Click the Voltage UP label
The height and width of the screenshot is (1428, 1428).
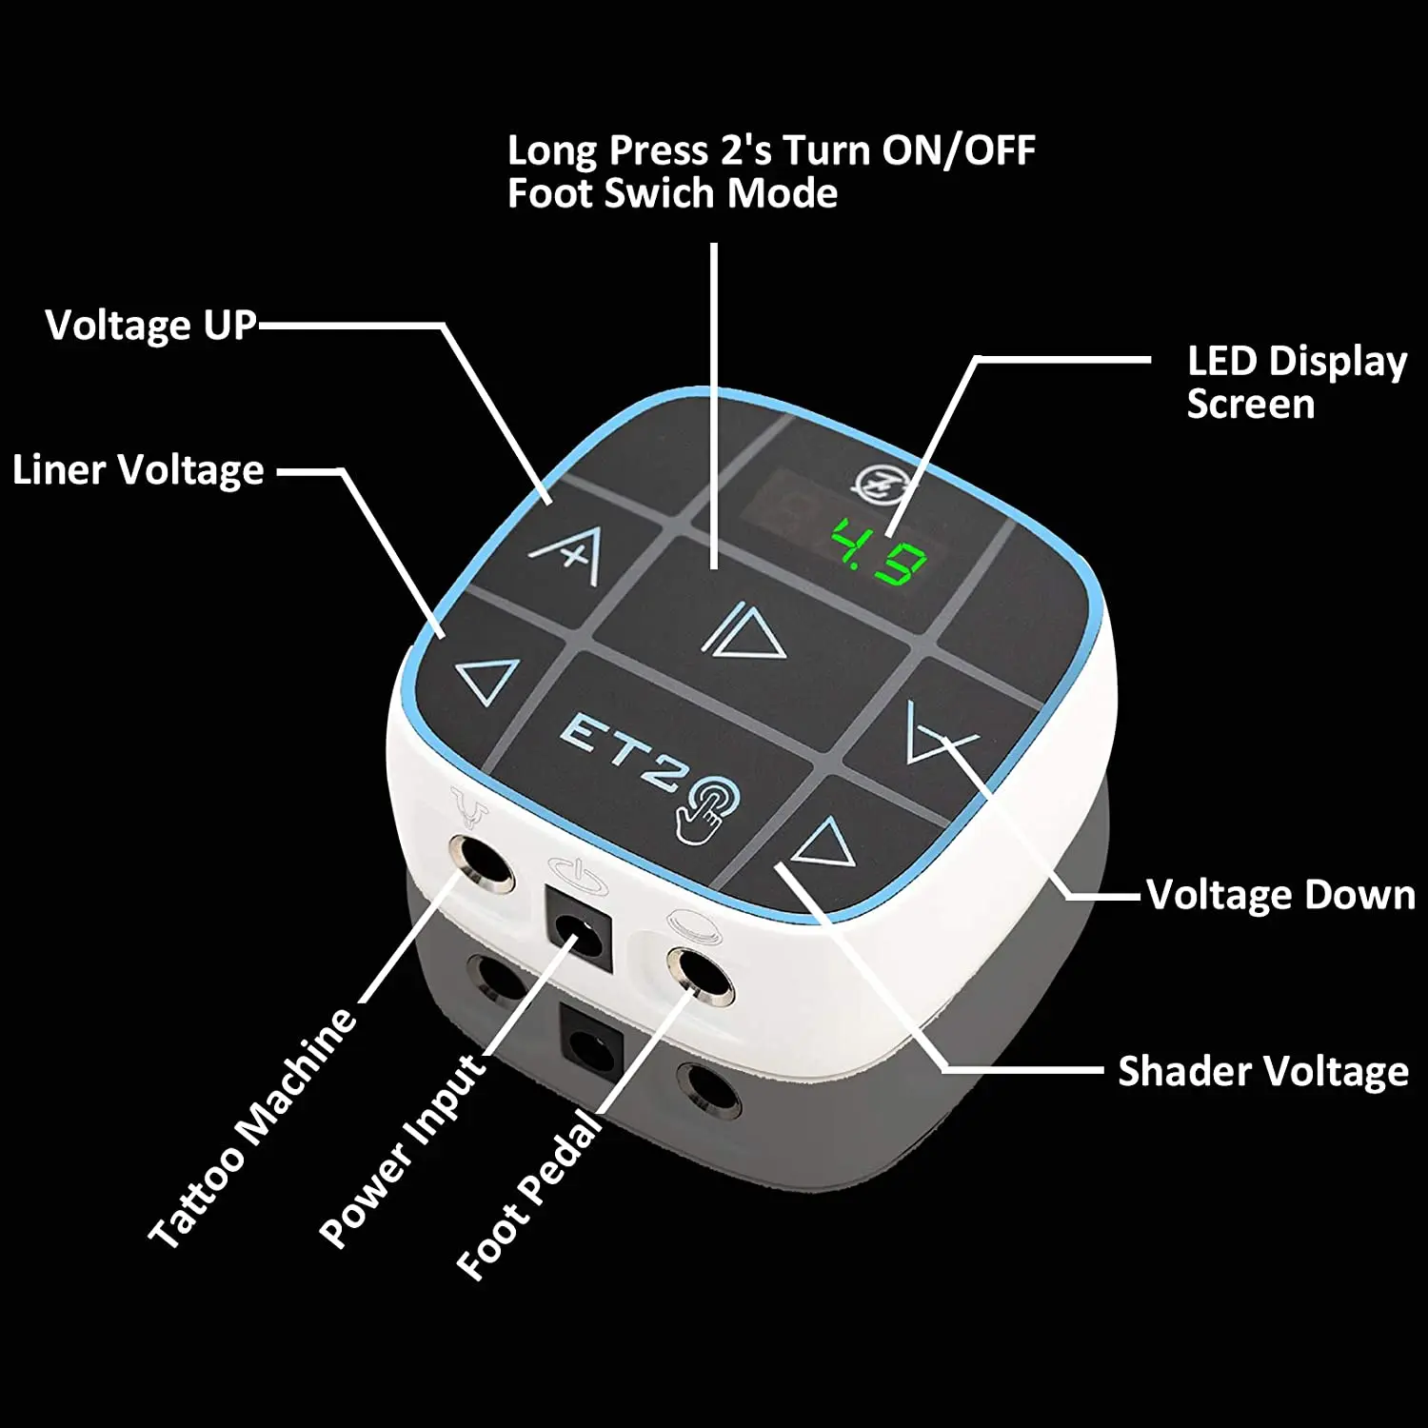pyautogui.click(x=151, y=326)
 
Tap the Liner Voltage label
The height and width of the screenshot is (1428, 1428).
pyautogui.click(x=139, y=470)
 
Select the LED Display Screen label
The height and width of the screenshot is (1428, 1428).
pyautogui.click(x=1296, y=383)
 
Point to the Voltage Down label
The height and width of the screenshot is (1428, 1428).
pyautogui.click(x=1280, y=895)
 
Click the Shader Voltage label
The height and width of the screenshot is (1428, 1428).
pyautogui.click(x=1262, y=1071)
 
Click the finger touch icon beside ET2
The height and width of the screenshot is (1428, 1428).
pyautogui.click(x=707, y=808)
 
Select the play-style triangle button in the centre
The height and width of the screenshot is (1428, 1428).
pyautogui.click(x=744, y=630)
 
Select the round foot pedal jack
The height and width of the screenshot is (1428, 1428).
pyautogui.click(x=700, y=975)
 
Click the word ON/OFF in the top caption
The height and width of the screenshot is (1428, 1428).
pyautogui.click(x=959, y=150)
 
